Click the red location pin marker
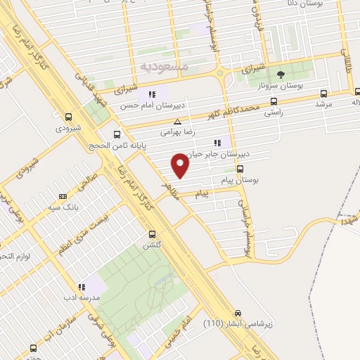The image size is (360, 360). point(181,165)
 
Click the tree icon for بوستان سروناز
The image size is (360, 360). point(281,74)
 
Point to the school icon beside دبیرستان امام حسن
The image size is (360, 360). point(151,94)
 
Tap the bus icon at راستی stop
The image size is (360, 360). point(274,101)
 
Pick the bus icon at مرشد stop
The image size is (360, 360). point(323,93)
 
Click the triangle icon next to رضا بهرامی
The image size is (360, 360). point(178,121)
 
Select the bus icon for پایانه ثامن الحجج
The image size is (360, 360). point(117,134)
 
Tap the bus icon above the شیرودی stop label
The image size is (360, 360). point(68,117)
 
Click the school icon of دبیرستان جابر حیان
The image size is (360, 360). point(227,144)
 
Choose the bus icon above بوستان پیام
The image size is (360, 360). point(240,169)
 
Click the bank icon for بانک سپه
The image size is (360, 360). point(63,196)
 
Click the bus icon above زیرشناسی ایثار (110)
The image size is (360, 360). point(238,314)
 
